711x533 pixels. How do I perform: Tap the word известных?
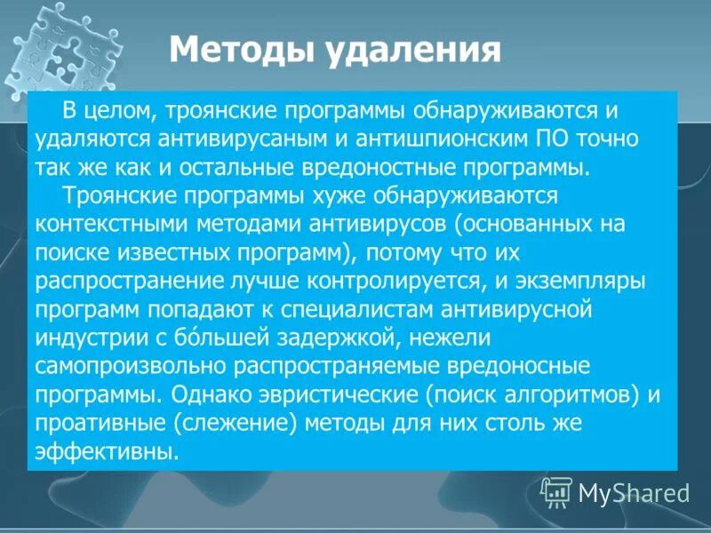click(152, 250)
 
